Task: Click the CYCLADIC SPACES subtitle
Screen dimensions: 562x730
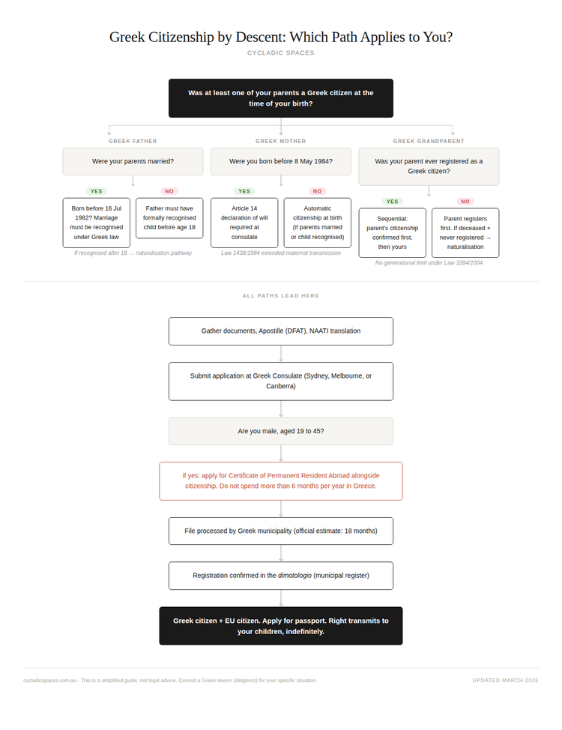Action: (x=281, y=53)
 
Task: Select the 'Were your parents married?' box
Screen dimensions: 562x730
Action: (x=133, y=162)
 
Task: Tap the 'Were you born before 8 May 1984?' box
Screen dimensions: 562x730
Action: (x=281, y=162)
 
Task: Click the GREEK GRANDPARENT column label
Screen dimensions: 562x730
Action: (x=429, y=141)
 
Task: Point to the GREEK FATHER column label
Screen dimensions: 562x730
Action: (x=133, y=141)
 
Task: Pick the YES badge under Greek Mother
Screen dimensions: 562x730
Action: (x=244, y=191)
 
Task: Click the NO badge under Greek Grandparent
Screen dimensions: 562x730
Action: (x=465, y=202)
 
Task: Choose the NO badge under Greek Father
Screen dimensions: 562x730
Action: (x=169, y=191)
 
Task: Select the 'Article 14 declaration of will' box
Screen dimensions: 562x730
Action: (x=244, y=223)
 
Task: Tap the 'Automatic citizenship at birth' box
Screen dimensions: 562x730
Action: (x=318, y=223)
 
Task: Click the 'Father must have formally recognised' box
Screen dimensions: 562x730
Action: (x=169, y=218)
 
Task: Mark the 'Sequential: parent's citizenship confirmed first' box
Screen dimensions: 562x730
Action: (x=393, y=233)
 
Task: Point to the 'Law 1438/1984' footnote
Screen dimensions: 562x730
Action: (x=281, y=253)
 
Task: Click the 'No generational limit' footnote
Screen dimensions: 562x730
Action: (x=429, y=263)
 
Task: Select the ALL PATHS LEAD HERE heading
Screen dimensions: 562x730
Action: (x=281, y=295)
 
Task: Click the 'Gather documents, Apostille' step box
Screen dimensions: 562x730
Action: (x=281, y=331)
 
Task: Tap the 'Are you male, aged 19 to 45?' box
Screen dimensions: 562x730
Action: (x=281, y=431)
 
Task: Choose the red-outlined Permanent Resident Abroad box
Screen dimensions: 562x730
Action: (x=281, y=481)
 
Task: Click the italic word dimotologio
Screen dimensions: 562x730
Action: (x=294, y=576)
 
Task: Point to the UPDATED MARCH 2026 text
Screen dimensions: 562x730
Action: (x=505, y=681)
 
